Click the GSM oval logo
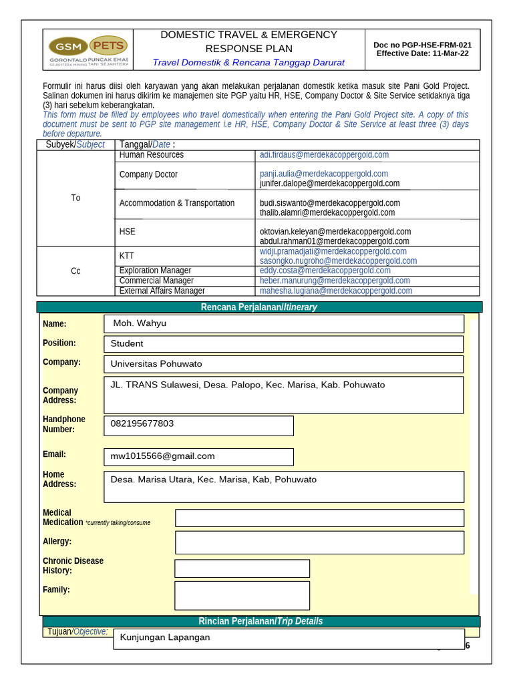point(67,47)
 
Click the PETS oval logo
point(108,45)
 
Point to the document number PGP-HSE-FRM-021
point(423,45)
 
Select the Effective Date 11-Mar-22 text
point(422,54)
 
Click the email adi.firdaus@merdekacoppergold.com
point(324,155)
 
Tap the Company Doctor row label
point(148,174)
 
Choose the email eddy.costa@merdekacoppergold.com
point(325,271)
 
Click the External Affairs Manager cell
point(162,291)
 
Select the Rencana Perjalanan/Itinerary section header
point(259,307)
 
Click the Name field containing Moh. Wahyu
point(284,324)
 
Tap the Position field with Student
point(284,344)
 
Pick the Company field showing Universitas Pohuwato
point(284,364)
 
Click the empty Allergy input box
point(319,542)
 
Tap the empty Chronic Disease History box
point(242,568)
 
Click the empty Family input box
point(242,595)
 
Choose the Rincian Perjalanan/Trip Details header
point(259,621)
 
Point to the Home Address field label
point(59,479)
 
